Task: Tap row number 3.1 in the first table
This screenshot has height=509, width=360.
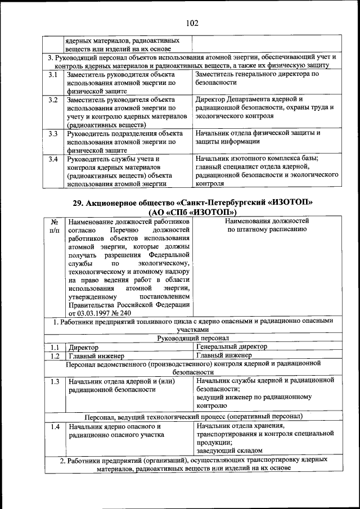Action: [53, 74]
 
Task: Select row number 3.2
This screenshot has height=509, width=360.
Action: [53, 100]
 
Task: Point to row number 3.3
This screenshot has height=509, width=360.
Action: [53, 134]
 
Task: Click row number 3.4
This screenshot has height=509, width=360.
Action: [53, 159]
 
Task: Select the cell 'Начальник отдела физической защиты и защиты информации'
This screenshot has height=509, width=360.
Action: [258, 138]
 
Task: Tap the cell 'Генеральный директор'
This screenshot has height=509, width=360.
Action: [232, 347]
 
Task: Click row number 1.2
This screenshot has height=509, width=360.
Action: [54, 356]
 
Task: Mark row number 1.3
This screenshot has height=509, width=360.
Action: [54, 382]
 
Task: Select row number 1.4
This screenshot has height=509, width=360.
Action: [54, 427]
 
